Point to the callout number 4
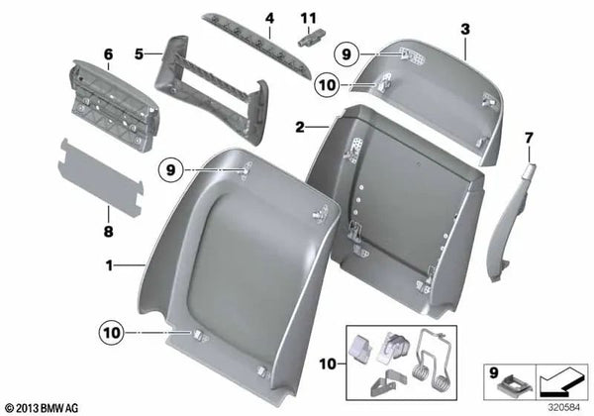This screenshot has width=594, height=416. click(x=268, y=18)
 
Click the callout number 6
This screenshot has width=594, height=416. click(x=109, y=54)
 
